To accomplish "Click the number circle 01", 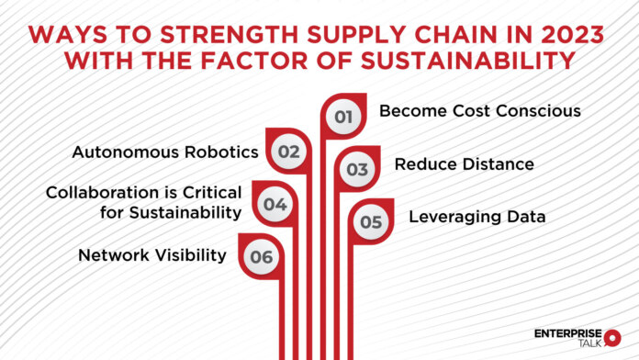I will point(343,117).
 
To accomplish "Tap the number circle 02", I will point(289,152).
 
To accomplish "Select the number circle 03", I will point(356,170).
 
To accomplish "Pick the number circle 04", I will point(275,205).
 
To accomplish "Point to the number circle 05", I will point(370,221).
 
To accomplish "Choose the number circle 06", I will point(262,257).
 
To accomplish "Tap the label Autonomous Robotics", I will point(165,152).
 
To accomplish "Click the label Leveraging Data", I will point(477,218).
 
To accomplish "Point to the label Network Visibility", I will point(151,254).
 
